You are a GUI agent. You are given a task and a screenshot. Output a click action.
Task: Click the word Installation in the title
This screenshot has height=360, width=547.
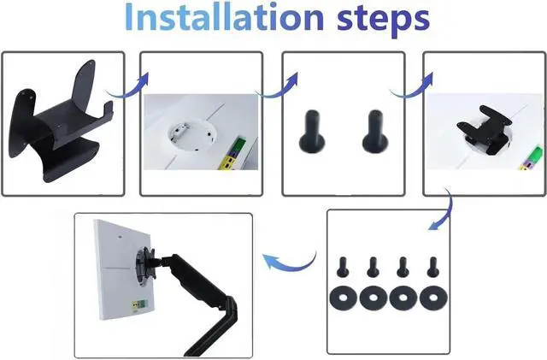[x=224, y=17]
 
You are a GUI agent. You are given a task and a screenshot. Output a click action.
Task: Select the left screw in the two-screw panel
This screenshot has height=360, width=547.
[x=312, y=132]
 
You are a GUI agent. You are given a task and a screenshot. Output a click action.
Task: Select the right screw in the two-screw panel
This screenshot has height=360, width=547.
[x=375, y=132]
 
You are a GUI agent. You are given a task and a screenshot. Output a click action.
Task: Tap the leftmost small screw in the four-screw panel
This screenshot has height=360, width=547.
[x=343, y=267]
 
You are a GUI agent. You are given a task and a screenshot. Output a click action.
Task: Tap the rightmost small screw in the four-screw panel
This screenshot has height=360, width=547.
[x=432, y=267]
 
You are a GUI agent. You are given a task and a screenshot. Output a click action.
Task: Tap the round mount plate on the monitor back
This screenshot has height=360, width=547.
[x=144, y=266]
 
